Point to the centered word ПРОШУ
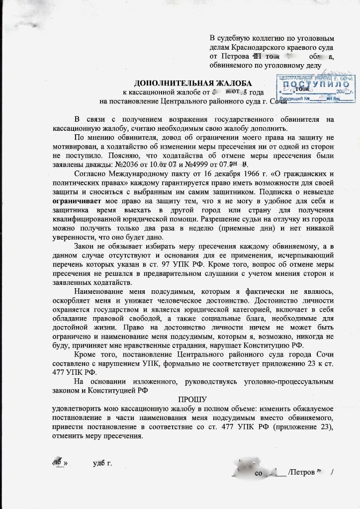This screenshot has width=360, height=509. tap(192, 399)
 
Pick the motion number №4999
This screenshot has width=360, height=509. tap(194, 165)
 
